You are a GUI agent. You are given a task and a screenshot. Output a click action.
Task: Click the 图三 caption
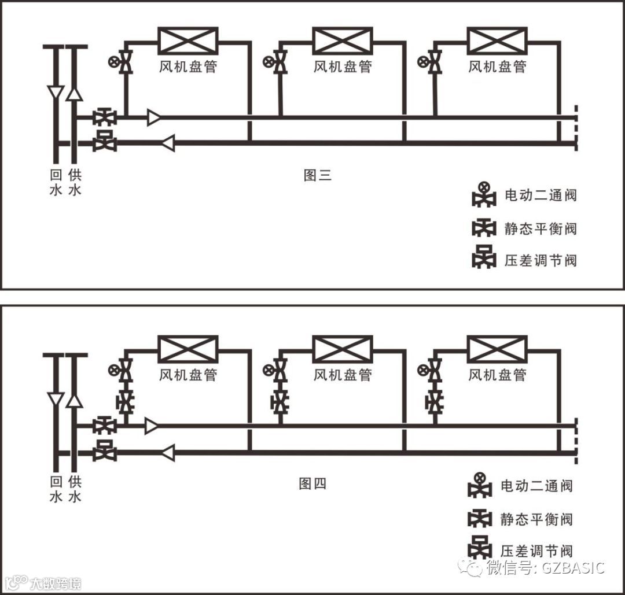click(318, 175)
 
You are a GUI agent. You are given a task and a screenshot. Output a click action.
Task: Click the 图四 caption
click(313, 483)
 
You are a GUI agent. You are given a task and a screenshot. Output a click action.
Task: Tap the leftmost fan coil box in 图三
click(188, 41)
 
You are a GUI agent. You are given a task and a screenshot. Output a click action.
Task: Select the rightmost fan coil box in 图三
click(497, 41)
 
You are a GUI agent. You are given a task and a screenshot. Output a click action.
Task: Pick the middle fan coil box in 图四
click(343, 349)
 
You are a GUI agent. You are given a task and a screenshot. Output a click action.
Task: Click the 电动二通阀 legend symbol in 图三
click(484, 195)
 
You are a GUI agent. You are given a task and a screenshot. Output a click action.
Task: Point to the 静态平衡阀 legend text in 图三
click(541, 228)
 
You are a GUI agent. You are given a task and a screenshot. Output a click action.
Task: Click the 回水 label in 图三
click(56, 182)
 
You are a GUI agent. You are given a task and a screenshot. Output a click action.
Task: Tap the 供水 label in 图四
click(75, 489)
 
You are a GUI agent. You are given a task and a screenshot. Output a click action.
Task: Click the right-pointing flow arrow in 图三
click(154, 118)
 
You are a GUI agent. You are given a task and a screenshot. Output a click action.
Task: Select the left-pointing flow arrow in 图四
click(167, 453)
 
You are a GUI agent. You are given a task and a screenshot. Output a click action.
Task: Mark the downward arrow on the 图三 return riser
click(56, 93)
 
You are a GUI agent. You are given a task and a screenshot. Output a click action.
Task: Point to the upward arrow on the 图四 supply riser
click(74, 400)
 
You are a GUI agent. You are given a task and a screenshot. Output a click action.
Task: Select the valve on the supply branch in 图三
click(105, 118)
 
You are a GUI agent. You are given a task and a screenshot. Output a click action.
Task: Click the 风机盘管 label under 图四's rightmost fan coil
click(497, 375)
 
